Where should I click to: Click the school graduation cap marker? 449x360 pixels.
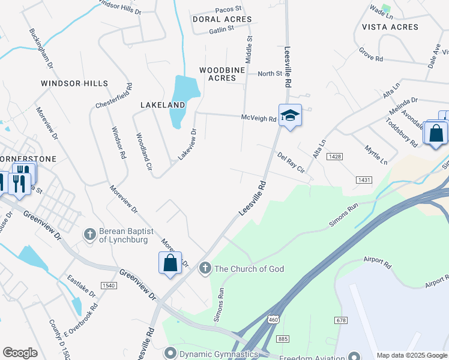tap(290, 115)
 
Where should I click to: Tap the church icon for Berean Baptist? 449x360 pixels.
tap(90, 234)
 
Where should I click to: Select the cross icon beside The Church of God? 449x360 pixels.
tap(205, 268)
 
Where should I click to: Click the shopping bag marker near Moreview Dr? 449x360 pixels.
tap(170, 262)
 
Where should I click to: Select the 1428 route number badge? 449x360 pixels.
tap(334, 156)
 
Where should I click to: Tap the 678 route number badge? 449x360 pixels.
tap(342, 320)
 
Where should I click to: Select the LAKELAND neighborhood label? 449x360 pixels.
tap(163, 104)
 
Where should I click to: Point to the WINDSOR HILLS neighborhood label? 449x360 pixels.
tap(74, 83)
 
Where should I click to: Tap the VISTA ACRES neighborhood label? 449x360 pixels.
tap(390, 27)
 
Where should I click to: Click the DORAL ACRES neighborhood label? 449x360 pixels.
tap(222, 19)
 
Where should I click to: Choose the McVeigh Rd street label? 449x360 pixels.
tap(259, 119)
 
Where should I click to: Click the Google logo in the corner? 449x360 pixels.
tap(20, 353)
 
